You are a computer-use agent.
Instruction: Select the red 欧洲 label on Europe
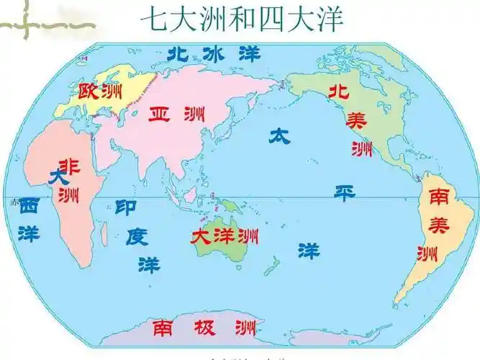pos(100,91)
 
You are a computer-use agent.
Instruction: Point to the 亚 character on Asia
pos(160,114)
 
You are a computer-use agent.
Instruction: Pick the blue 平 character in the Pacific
pos(345,192)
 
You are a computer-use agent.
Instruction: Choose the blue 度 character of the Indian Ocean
pos(137,235)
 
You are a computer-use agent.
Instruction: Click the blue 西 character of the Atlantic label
pos(29,205)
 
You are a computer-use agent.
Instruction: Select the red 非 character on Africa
pos(70,166)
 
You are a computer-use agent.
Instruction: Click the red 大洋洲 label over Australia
pos(225,235)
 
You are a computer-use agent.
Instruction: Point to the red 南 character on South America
pos(438,195)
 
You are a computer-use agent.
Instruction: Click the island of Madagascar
pos(105,232)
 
